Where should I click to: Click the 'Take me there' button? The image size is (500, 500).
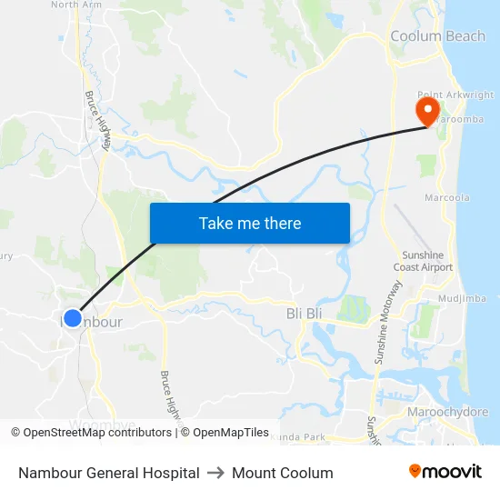[250, 223]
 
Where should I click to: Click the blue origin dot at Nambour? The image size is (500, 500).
[73, 319]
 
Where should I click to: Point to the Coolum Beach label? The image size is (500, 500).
[437, 36]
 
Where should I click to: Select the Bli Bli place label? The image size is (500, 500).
[305, 314]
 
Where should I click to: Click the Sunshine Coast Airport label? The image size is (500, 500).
[424, 261]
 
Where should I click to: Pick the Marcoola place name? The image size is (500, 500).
[447, 197]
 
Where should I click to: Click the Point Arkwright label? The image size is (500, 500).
[456, 95]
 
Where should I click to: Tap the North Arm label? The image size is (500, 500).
[76, 5]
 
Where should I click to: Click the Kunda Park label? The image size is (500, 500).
[302, 438]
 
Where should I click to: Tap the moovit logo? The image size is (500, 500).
[445, 472]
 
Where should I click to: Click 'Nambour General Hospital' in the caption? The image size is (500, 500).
[109, 473]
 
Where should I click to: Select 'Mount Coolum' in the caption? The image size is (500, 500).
[283, 473]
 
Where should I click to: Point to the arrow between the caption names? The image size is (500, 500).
[215, 473]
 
